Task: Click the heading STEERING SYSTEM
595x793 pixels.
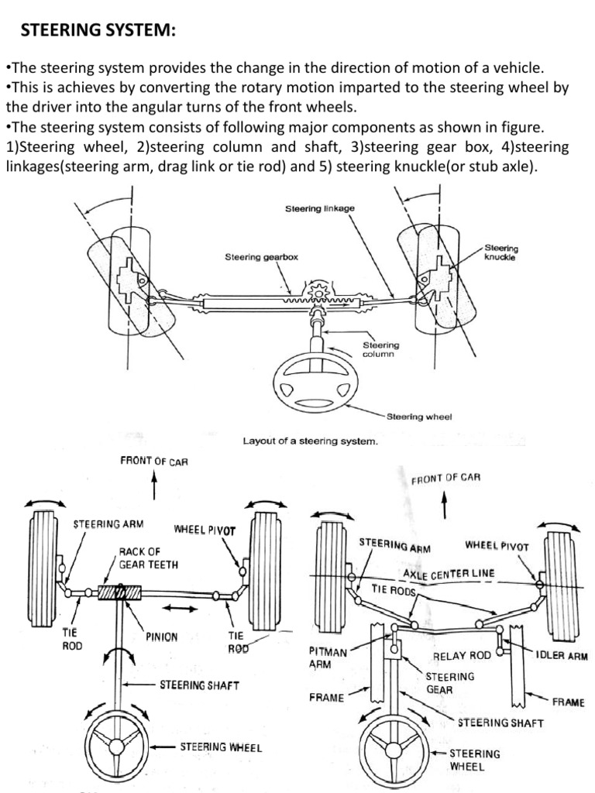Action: (x=98, y=30)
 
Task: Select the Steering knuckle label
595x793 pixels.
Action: (x=501, y=252)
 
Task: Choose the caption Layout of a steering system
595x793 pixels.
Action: (x=310, y=441)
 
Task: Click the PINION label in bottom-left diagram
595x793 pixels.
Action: (x=161, y=637)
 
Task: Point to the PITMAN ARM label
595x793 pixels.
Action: (x=328, y=658)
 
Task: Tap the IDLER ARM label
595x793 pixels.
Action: (x=562, y=655)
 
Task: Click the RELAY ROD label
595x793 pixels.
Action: (x=462, y=655)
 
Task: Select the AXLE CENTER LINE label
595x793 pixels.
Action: (x=449, y=574)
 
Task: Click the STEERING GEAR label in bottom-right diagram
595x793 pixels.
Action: (x=450, y=682)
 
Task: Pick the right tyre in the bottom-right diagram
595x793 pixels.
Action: (x=559, y=577)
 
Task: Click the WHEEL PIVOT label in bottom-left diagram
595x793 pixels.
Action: (x=205, y=530)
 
